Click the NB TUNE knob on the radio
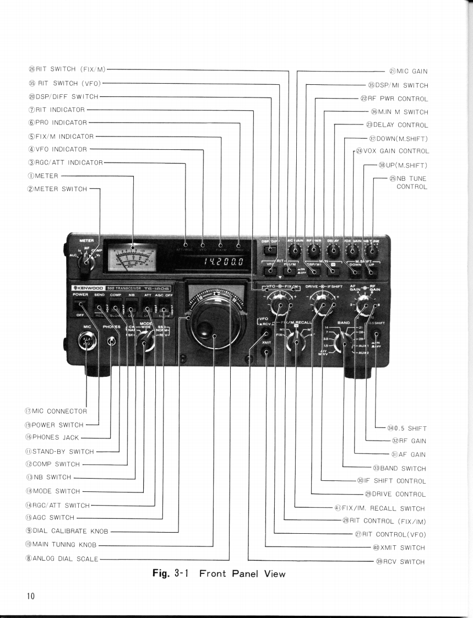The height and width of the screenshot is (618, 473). (369, 252)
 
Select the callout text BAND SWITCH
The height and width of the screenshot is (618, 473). (399, 469)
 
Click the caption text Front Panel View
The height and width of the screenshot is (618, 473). (242, 574)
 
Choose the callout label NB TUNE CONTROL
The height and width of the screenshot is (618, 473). (408, 182)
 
